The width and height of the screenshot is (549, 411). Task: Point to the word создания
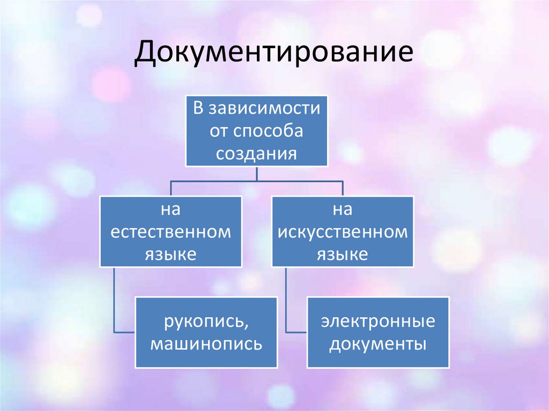(x=257, y=153)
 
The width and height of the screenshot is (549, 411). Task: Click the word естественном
(x=170, y=232)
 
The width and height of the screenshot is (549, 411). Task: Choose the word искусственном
(x=343, y=232)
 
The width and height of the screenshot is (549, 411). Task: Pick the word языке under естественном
(x=170, y=254)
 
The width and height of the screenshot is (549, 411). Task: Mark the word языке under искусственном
(x=342, y=254)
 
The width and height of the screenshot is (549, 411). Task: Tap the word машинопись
(x=206, y=343)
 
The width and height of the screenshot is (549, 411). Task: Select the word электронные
(x=378, y=322)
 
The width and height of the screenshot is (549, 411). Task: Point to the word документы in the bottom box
(x=378, y=343)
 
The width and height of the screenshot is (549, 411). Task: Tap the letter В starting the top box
(x=198, y=109)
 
